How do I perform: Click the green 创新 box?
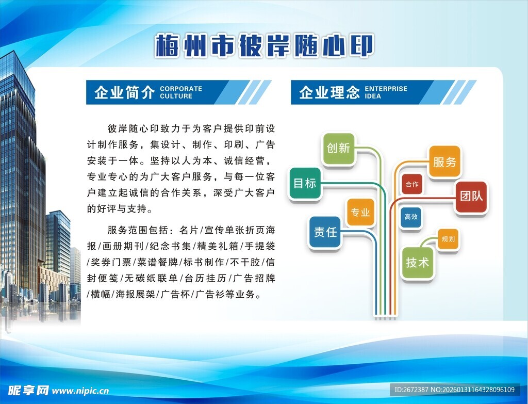[x=338, y=149]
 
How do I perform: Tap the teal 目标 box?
[x=305, y=183]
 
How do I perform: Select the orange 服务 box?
[x=444, y=161]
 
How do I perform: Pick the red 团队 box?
[x=471, y=197]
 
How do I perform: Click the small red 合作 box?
[x=412, y=184]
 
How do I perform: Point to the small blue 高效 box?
[x=411, y=217]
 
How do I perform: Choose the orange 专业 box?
[x=360, y=212]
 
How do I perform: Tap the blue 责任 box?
[x=325, y=232]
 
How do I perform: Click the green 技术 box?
[x=417, y=263]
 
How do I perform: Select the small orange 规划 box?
[x=448, y=239]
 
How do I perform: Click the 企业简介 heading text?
[x=124, y=92]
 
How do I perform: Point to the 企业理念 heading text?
[x=329, y=92]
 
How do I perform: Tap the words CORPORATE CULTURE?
[x=181, y=92]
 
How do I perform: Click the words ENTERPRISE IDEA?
[x=386, y=92]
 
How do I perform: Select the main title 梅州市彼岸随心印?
[x=264, y=45]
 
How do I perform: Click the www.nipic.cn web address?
[x=80, y=391]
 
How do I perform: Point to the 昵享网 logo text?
[x=29, y=390]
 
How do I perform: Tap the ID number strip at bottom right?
[x=454, y=390]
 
